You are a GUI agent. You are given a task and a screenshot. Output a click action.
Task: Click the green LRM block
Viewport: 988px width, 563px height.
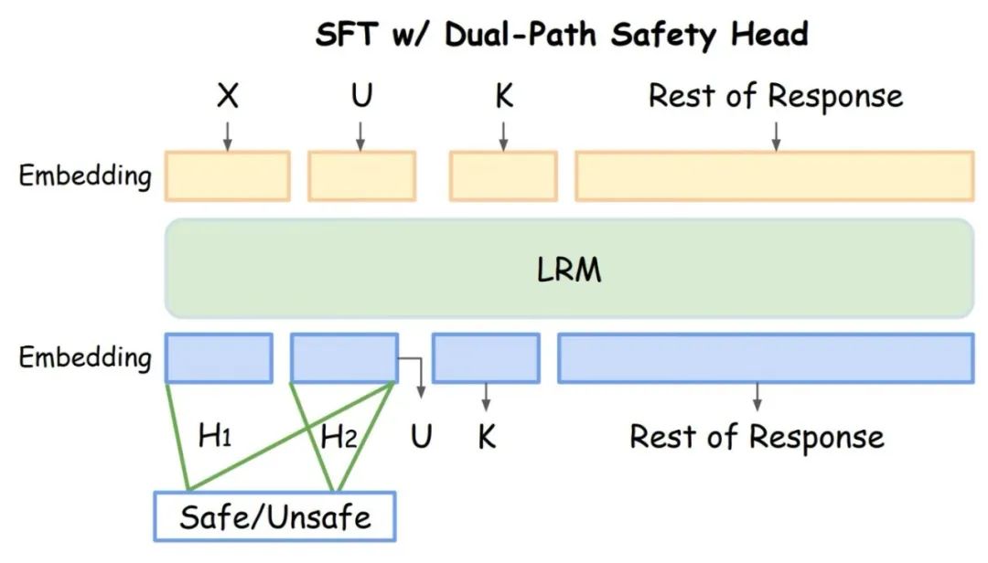point(570,269)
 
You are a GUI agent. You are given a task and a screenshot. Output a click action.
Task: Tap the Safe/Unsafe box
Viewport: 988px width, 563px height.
point(274,516)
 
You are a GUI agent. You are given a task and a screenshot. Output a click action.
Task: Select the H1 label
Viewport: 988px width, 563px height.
point(215,435)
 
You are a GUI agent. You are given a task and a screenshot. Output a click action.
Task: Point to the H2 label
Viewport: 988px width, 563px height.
point(339,437)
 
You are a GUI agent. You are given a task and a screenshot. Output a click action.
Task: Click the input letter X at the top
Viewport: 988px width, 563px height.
point(228,96)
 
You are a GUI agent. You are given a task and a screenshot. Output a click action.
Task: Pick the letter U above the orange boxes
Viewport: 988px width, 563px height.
point(361,96)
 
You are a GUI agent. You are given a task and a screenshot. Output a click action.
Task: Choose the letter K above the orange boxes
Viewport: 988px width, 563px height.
point(504,96)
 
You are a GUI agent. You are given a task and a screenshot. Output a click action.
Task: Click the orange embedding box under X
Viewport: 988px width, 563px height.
point(228,175)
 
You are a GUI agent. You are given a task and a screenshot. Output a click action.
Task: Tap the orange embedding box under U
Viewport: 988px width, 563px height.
point(361,175)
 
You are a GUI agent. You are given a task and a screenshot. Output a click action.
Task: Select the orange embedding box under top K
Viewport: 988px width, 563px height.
point(503,175)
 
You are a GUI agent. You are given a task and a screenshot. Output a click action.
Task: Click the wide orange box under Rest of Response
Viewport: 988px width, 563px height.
point(775,175)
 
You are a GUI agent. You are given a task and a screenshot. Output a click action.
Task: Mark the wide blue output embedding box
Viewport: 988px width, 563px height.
point(766,357)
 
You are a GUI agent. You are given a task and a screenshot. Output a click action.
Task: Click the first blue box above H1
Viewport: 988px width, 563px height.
point(219,357)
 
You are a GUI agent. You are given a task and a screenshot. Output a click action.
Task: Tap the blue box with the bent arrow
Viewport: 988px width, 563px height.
point(344,357)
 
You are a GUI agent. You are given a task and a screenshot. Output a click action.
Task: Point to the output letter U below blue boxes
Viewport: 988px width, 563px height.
point(421,436)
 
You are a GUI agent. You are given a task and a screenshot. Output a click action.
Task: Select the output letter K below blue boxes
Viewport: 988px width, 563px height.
point(487,437)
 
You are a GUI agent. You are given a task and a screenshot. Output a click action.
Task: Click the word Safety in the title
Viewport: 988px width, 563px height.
point(663,35)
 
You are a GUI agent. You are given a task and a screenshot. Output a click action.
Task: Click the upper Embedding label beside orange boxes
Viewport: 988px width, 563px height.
point(85,175)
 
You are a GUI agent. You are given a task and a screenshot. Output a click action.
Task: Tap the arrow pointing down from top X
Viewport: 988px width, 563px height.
point(228,136)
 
